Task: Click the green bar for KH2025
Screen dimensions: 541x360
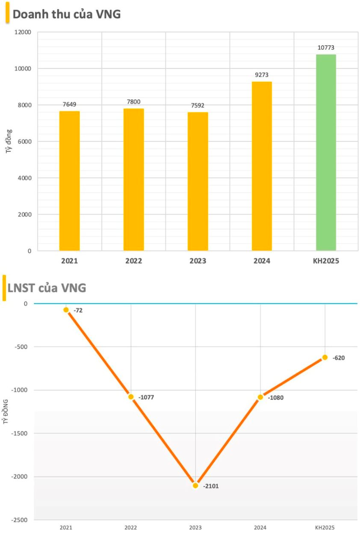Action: [x=326, y=152]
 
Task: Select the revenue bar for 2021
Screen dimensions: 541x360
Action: [x=69, y=181]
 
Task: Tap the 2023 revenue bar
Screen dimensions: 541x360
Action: [x=198, y=181]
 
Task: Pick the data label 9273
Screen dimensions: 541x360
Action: [x=261, y=75]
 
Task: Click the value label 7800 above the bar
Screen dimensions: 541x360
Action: [x=133, y=102]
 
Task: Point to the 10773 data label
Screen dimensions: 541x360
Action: [x=326, y=47]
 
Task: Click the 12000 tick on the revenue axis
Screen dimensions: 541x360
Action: [x=24, y=32]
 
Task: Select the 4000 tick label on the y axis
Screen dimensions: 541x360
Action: [x=25, y=178]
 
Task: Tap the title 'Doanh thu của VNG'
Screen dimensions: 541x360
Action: [x=67, y=14]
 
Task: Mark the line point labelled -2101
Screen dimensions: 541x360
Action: [x=195, y=485]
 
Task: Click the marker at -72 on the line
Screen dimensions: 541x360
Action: [x=66, y=310]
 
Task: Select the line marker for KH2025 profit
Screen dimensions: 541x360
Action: [x=325, y=357]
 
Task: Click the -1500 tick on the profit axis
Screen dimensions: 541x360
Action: [x=19, y=433]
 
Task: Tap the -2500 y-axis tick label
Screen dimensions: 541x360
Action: [x=19, y=520]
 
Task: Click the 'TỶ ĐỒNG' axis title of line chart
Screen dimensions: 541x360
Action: [x=6, y=412]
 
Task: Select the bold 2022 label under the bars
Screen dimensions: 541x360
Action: [x=133, y=261]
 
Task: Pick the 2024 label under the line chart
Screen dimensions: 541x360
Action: [x=260, y=528]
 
